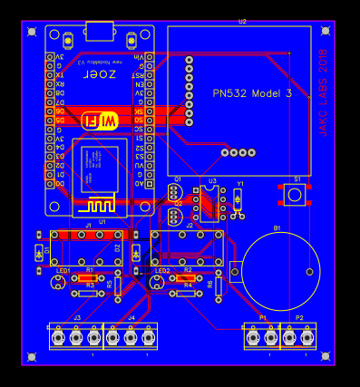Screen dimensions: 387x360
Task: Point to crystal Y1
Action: pos(238,200)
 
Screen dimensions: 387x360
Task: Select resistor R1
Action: pos(89,277)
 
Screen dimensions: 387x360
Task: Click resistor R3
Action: pos(89,293)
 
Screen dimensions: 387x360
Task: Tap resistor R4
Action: pos(188,293)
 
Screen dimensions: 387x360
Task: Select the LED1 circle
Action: pos(60,282)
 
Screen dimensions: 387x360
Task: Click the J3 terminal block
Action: pos(76,337)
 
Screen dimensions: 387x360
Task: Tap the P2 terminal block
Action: pos(298,337)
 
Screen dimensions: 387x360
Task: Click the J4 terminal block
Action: pos(131,337)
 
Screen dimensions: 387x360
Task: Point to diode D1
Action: pos(38,252)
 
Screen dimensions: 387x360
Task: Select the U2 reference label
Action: pos(241,21)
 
